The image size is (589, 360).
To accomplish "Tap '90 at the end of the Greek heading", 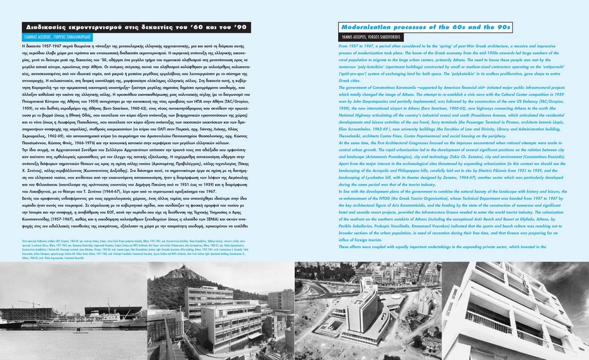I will tap(240, 27).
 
